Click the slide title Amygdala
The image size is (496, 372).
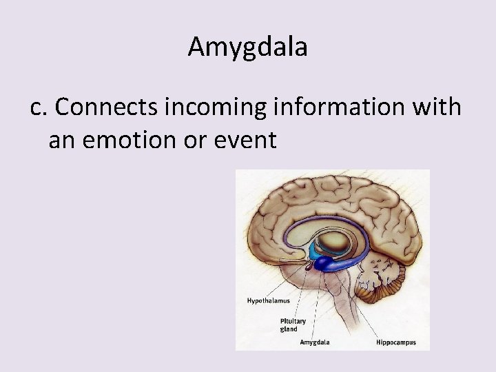pyautogui.click(x=247, y=47)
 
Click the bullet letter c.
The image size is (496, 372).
pyautogui.click(x=39, y=107)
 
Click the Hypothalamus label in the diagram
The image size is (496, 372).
pyautogui.click(x=268, y=301)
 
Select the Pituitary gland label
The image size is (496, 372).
pyautogui.click(x=293, y=324)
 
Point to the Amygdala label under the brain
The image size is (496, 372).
pyautogui.click(x=314, y=342)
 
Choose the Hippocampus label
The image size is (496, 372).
pyautogui.click(x=395, y=342)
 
